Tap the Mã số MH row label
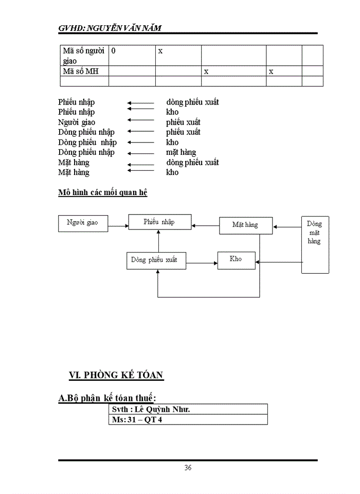(x=80, y=72)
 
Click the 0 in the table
(x=113, y=51)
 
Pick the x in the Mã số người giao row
(x=160, y=51)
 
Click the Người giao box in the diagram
(x=82, y=223)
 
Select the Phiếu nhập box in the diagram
(x=159, y=222)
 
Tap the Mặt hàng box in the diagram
(x=245, y=225)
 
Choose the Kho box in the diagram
(x=236, y=259)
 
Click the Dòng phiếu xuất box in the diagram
(x=155, y=260)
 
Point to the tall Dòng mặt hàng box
(x=314, y=244)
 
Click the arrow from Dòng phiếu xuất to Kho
(x=201, y=262)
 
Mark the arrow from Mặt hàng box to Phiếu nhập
(x=205, y=225)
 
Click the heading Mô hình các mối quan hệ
(x=103, y=193)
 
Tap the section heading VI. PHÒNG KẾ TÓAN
(x=116, y=375)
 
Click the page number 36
(x=188, y=468)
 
